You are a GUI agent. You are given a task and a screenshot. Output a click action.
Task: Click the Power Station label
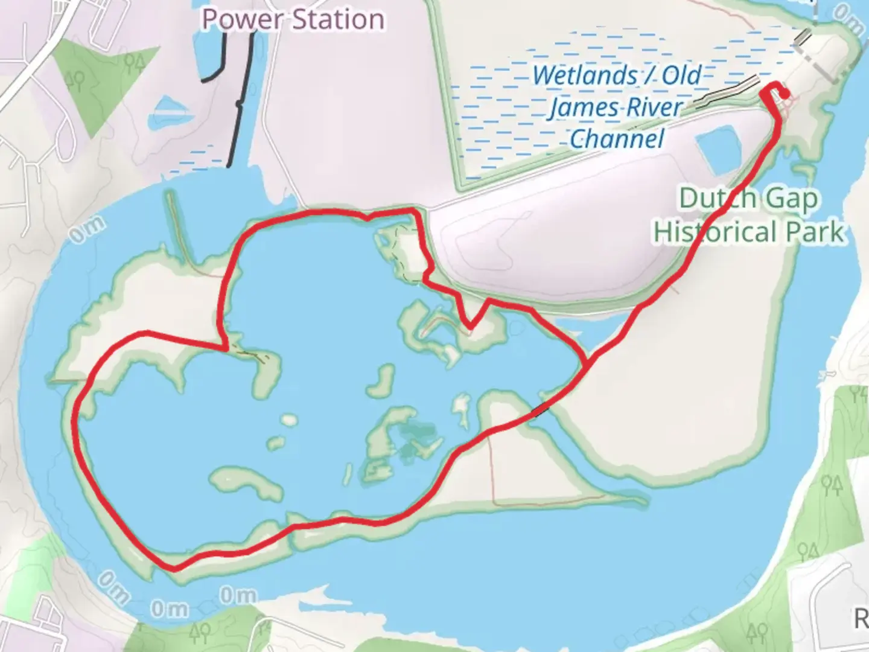[293, 19]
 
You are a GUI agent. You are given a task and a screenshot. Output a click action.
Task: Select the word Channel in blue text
[617, 139]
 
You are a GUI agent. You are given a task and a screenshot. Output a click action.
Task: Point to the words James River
[616, 107]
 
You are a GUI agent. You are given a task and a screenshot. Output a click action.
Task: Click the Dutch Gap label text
[748, 198]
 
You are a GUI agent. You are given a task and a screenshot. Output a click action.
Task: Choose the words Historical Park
[748, 232]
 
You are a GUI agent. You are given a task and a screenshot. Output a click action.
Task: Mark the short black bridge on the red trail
[541, 410]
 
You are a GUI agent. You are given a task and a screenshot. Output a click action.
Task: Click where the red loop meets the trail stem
[585, 361]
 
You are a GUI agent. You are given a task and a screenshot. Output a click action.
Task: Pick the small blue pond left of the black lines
[171, 112]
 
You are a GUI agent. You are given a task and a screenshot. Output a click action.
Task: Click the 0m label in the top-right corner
[848, 21]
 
